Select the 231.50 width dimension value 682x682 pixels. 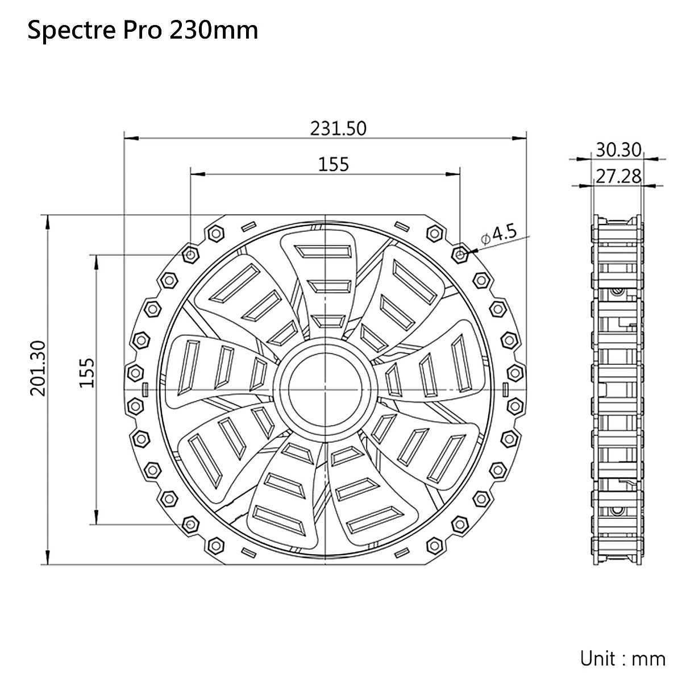click(x=338, y=128)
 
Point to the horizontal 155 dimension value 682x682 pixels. click(x=333, y=164)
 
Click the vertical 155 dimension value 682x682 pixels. click(x=87, y=373)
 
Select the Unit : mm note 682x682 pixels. click(x=622, y=659)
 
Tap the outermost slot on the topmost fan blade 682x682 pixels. click(x=325, y=251)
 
